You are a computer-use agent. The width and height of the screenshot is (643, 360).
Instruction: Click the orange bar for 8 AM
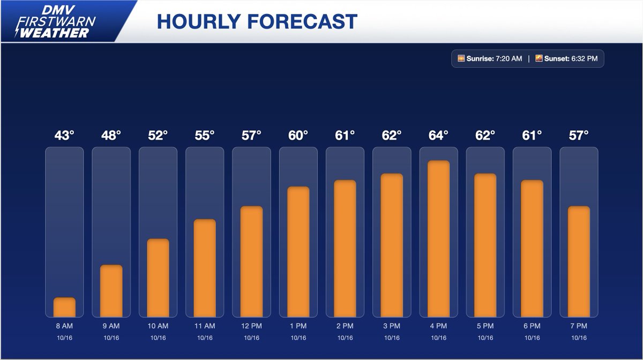(x=64, y=307)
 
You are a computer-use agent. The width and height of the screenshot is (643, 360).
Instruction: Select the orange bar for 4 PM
(x=438, y=239)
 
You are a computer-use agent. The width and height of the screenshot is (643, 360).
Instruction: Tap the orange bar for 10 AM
(x=158, y=277)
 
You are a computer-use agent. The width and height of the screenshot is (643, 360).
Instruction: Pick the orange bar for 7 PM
(x=579, y=261)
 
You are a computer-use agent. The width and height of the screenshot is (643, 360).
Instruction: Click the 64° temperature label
(x=438, y=136)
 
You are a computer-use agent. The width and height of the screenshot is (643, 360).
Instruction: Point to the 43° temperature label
(x=64, y=136)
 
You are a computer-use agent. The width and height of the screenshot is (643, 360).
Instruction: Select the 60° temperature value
(x=298, y=136)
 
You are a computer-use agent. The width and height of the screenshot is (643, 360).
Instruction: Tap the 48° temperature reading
(x=111, y=136)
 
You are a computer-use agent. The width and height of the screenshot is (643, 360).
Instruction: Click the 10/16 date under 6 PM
(x=532, y=338)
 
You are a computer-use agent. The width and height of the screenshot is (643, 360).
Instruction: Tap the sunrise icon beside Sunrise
(x=460, y=58)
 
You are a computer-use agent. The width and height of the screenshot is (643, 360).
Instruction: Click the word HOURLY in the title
(x=196, y=21)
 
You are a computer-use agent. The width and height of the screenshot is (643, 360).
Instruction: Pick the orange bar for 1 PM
(x=298, y=252)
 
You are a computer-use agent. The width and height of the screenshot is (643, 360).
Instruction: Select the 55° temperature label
(x=205, y=136)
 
